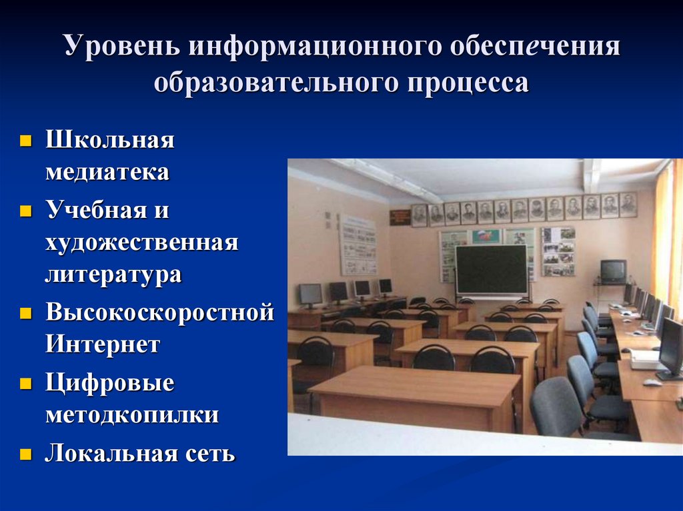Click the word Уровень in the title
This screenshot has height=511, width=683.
122,45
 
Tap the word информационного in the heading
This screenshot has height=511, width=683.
315,45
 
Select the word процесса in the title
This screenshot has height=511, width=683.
468,83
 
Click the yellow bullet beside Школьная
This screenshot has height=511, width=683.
26,141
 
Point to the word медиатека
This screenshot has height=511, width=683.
107,171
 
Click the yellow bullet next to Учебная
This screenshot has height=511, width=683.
26,211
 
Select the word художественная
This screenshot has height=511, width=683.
141,243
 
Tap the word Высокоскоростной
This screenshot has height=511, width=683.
160,312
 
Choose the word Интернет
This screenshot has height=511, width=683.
103,344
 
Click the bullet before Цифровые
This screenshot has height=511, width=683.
26,383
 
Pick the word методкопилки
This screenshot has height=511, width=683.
132,414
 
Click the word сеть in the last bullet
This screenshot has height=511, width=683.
210,453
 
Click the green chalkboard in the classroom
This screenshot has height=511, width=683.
491,269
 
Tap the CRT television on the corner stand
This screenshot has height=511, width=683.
614,270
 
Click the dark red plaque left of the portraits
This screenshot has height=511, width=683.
400,217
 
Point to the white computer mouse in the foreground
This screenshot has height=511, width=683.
652,382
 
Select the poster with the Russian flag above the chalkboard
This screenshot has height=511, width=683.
487,237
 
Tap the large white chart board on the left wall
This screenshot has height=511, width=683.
358,245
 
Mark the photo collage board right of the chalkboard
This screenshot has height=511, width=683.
558,251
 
